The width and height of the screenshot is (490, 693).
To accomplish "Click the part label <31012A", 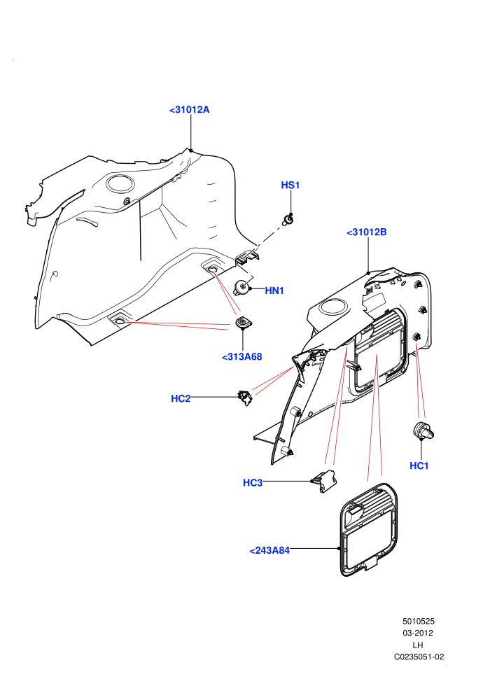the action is tap(189, 110).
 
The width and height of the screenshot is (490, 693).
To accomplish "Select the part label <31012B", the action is tap(367, 232).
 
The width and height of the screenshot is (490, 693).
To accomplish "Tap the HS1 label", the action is tap(290, 185).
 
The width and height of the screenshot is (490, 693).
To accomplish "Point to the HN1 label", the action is tap(274, 290).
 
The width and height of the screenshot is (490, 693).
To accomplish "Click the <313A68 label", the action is tap(241, 357).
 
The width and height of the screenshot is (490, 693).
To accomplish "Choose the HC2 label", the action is tap(181, 398).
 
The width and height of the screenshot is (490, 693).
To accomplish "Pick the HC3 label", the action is tap(253, 482).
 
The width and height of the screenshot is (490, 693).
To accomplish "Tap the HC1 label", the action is tap(419, 465).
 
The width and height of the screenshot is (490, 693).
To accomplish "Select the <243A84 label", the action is tap(269, 550).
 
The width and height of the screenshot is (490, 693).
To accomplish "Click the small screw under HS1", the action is tap(288, 219).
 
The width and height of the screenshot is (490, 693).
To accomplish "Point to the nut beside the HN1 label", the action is tap(241, 288).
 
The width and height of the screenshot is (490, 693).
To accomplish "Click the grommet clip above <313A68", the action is tap(242, 323).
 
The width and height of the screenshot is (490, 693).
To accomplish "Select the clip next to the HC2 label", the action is tap(245, 398).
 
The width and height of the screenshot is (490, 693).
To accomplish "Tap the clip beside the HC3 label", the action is tap(325, 481).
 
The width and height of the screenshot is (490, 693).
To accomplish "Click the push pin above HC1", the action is tap(423, 430).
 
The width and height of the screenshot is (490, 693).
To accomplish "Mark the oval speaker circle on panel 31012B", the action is tap(334, 307).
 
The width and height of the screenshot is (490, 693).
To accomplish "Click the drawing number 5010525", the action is tap(419, 622).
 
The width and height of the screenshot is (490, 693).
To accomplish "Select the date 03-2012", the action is tap(418, 633).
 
